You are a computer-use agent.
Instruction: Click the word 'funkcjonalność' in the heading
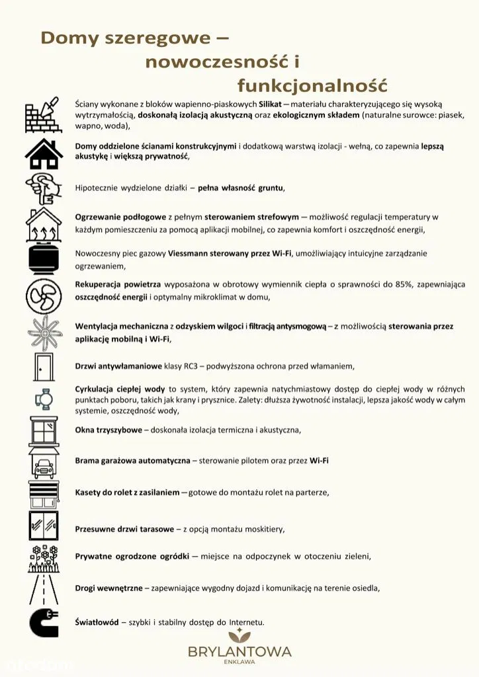pos(312,85)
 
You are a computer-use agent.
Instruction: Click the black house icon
pos(44,153)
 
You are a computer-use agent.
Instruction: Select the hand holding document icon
pos(44,188)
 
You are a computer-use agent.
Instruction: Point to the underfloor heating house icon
pos(44,225)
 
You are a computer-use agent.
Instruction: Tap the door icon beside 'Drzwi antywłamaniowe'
pos(44,366)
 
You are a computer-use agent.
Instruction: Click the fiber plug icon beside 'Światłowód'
pos(44,623)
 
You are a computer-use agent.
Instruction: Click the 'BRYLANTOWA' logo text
pos(239,651)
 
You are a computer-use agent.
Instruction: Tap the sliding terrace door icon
pos(44,526)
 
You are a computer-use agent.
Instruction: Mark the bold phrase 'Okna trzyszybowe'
pos(109,430)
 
